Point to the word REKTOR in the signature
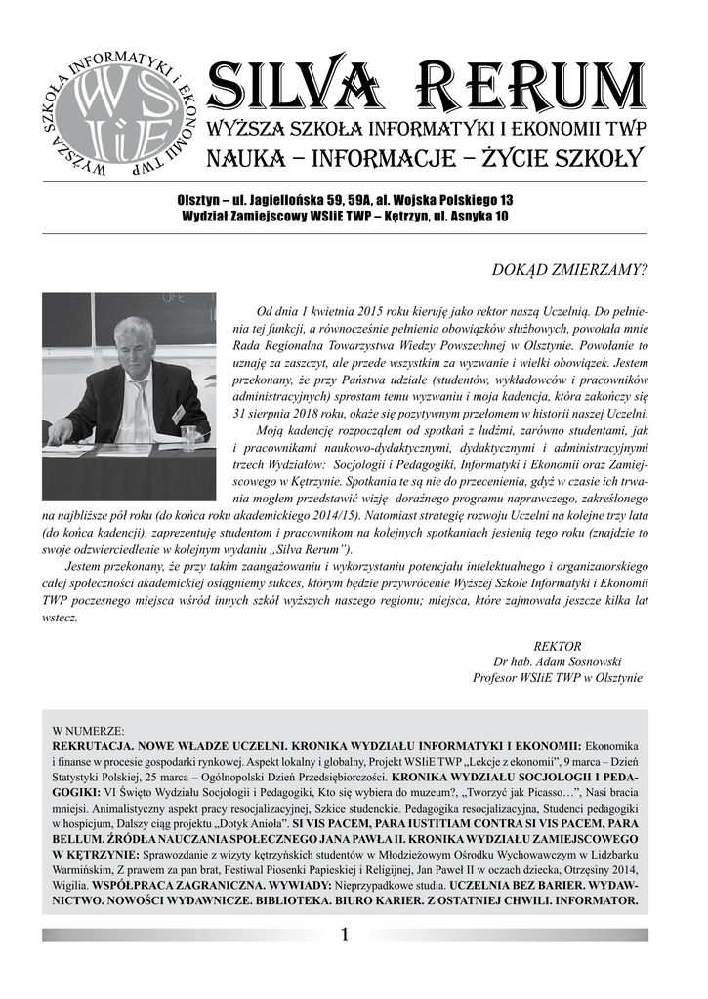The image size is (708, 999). (x=558, y=646)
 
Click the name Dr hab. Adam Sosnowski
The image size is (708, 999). (x=558, y=661)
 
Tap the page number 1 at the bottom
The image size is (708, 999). (x=345, y=936)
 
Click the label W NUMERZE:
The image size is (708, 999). (x=88, y=730)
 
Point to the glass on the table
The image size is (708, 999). (x=188, y=437)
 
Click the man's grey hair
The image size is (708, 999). (x=133, y=328)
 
